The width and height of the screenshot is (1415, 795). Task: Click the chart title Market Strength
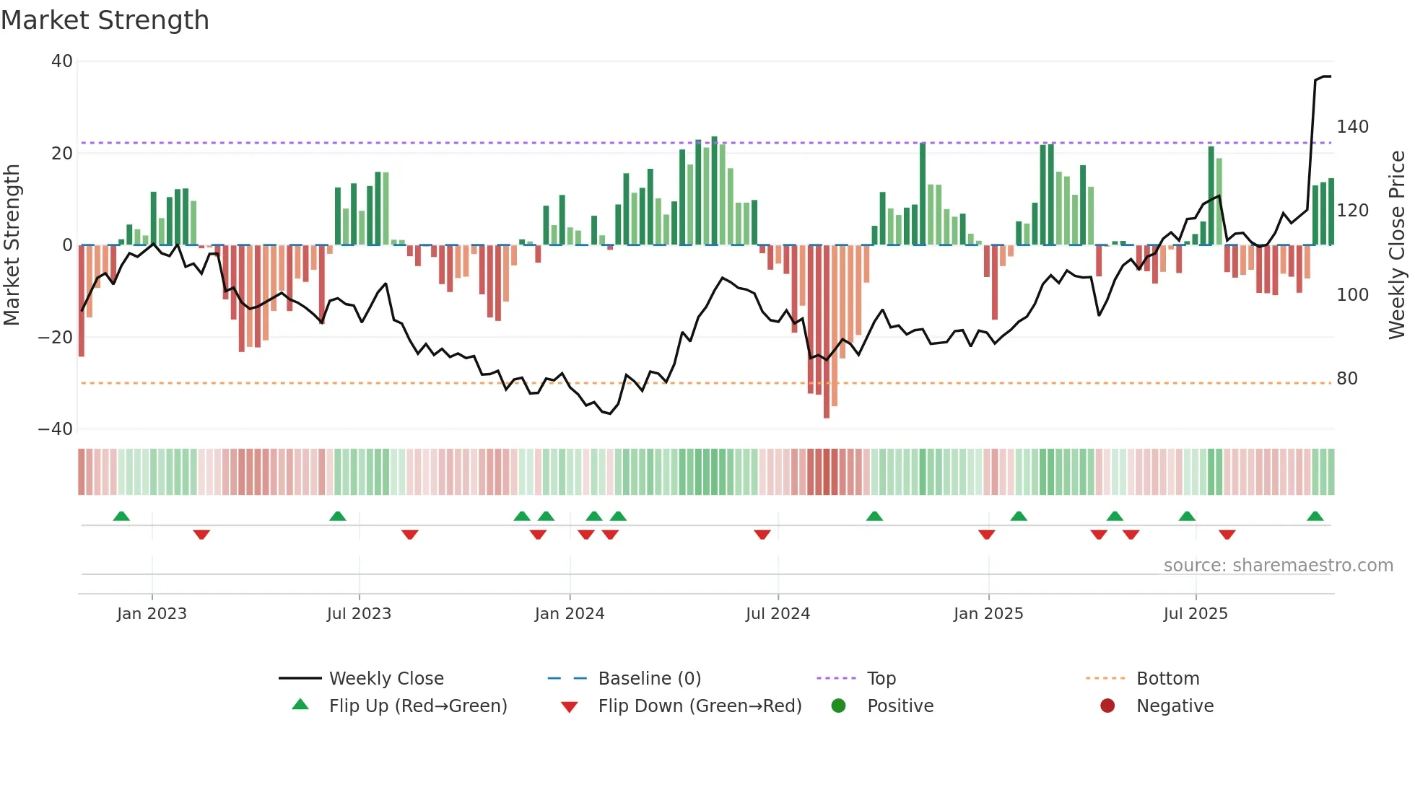click(x=105, y=20)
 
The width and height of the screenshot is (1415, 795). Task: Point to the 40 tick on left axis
click(x=62, y=61)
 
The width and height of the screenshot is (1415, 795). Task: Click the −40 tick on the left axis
click(x=56, y=429)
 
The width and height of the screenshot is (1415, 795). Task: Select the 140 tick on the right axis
click(x=1352, y=127)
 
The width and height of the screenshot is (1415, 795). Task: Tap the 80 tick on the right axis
click(x=1347, y=379)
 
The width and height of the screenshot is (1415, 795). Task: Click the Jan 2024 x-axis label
click(x=570, y=614)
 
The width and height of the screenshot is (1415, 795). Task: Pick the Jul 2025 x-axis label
click(x=1196, y=614)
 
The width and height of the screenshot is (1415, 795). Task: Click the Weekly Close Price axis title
click(x=1398, y=245)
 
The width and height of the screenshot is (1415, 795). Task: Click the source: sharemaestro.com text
click(x=1278, y=566)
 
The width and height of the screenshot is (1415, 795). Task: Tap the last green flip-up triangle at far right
click(x=1315, y=517)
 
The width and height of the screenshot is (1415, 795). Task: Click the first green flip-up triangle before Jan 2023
click(x=121, y=517)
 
